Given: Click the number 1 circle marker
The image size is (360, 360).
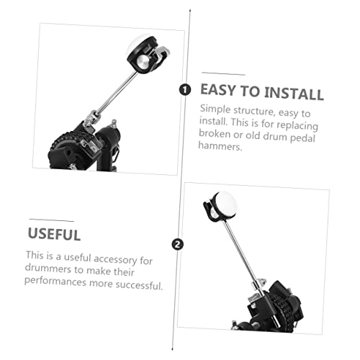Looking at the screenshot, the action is tap(185, 90).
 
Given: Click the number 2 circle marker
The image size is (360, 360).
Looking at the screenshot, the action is tap(177, 245).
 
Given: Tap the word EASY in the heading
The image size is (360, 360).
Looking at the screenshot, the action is tap(217, 90).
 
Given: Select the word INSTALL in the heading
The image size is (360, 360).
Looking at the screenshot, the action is tap(294, 93).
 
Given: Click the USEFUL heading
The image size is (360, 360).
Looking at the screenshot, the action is tap(54, 234).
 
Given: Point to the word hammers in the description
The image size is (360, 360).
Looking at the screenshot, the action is tap(220, 146).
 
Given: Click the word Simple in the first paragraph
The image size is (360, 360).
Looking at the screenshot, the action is tap(215, 109).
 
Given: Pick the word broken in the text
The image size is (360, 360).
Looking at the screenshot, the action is tap(215, 133).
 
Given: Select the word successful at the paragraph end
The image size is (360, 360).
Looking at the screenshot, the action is tap(140, 285).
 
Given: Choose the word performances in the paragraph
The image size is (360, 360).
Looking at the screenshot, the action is tap(55, 281).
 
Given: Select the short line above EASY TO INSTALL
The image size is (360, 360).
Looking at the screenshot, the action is tap(223, 73).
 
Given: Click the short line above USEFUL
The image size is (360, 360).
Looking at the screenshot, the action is tap(51, 220).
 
